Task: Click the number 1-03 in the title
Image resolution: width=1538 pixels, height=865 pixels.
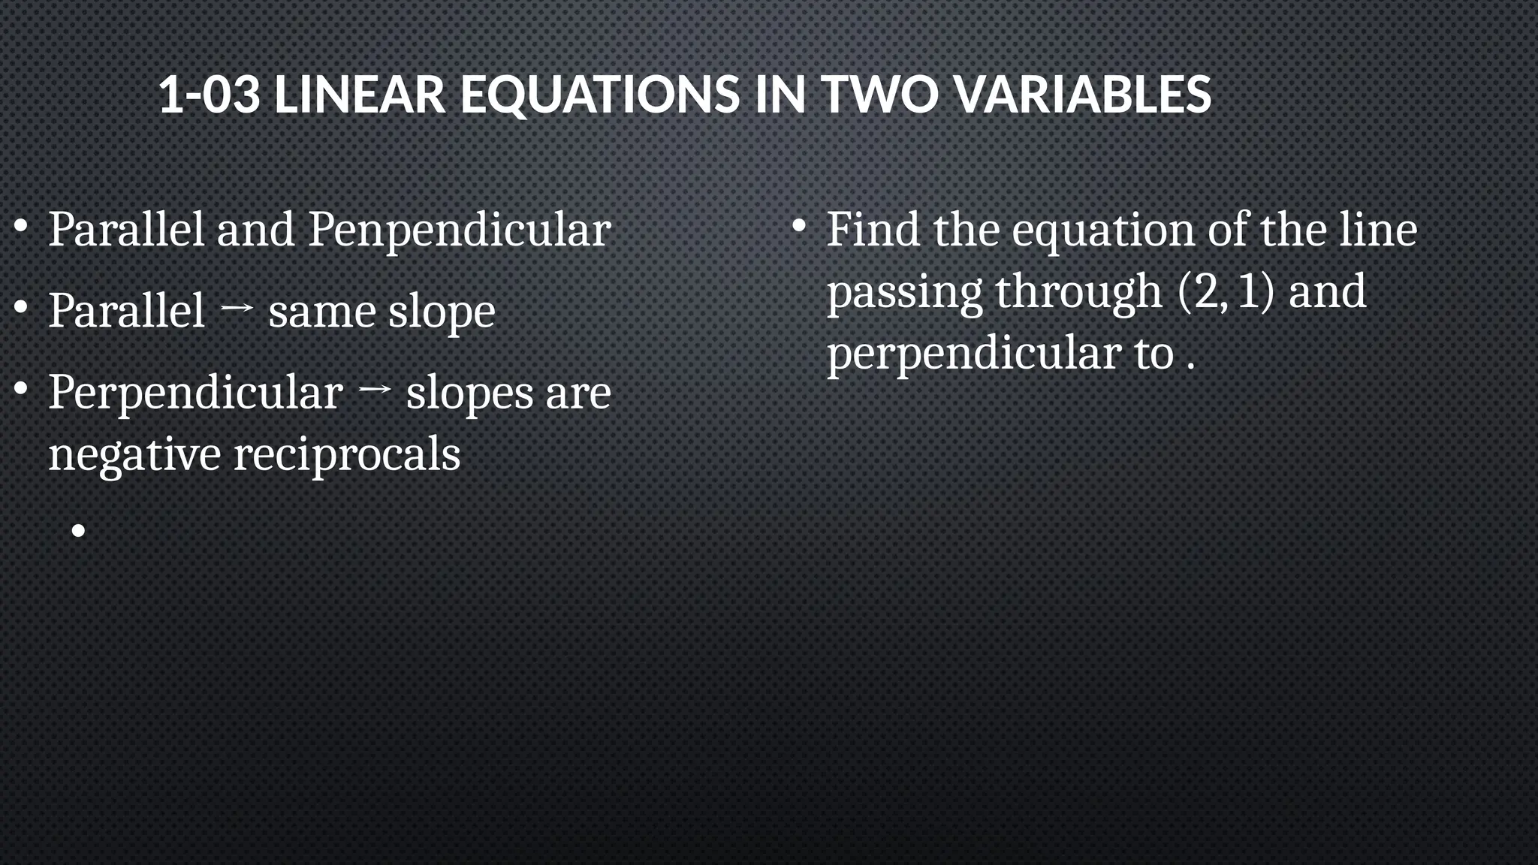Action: (x=210, y=95)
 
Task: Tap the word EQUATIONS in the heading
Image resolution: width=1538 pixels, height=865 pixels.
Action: (x=599, y=95)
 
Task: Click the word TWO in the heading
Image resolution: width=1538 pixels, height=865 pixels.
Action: (x=879, y=95)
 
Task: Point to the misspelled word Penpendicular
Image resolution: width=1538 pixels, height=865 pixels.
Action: (x=459, y=230)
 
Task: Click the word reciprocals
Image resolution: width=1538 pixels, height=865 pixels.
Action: (x=347, y=454)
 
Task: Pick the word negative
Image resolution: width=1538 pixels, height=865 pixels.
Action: (x=134, y=454)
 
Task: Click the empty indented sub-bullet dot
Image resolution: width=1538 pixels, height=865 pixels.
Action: (x=79, y=532)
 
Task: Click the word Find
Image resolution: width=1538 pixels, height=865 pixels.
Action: (x=873, y=229)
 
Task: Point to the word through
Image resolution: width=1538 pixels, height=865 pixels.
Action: (x=1078, y=291)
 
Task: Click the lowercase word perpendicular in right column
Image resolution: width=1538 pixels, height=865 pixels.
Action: (x=974, y=354)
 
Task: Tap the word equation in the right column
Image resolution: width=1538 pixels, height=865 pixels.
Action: (x=1103, y=230)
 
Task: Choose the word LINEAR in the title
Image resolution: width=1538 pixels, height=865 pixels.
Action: (x=360, y=95)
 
